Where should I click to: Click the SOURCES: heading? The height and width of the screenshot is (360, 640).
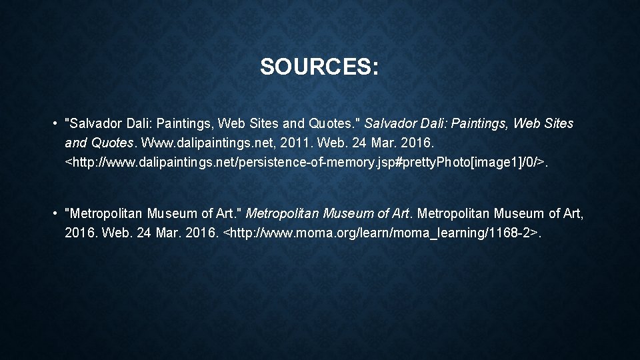pyautogui.click(x=319, y=67)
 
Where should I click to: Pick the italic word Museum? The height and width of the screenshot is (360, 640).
pyautogui.click(x=347, y=214)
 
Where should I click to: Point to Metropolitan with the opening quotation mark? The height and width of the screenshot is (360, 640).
pyautogui.click(x=103, y=214)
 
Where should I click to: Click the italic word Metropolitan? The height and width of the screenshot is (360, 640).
pyautogui.click(x=283, y=214)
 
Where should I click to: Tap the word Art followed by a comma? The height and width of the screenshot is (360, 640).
pyautogui.click(x=575, y=214)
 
